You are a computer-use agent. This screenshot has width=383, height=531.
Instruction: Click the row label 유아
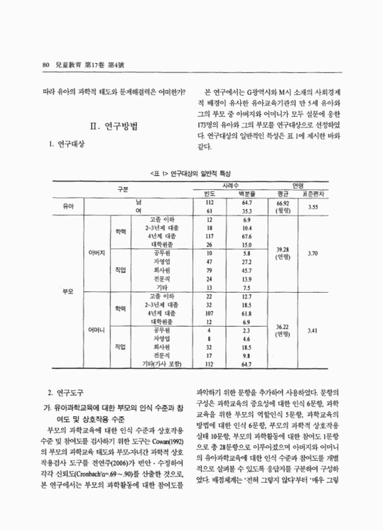[x=68, y=206]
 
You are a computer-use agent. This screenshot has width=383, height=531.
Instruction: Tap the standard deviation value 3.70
[x=313, y=253]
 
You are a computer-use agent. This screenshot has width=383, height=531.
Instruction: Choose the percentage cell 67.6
[x=247, y=236]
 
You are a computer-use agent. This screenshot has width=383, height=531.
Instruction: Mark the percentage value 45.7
[x=247, y=270]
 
